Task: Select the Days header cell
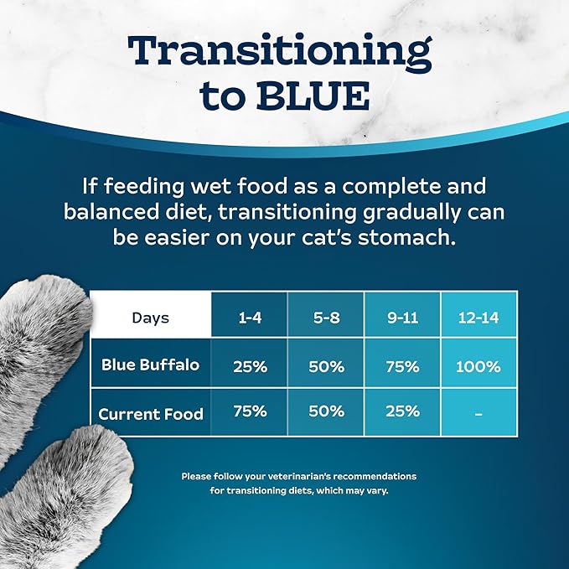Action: (151, 318)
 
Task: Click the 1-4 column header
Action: (250, 318)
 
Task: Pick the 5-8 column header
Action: (326, 318)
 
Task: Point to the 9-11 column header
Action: (403, 318)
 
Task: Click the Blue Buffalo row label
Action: (151, 365)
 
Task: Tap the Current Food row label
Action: (151, 413)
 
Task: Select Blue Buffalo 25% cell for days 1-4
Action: (250, 365)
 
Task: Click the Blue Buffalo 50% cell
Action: (326, 365)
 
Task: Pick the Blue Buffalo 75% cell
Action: (403, 365)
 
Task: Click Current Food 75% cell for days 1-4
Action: (250, 411)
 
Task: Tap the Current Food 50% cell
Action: (326, 411)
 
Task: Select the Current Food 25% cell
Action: (403, 411)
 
